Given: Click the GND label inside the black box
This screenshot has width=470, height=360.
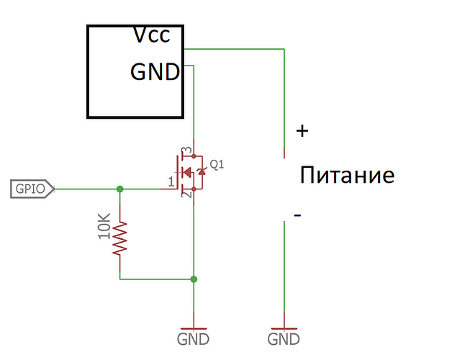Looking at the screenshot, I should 155,72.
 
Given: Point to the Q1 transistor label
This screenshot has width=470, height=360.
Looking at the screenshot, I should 217,164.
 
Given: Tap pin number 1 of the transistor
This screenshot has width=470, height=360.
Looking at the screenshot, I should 171,181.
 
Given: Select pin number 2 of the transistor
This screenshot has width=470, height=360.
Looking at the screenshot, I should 184,195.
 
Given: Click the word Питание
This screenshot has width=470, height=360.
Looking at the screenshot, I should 348,175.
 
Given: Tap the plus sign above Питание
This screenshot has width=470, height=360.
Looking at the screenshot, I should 302,131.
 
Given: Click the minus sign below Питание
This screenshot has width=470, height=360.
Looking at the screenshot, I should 297,215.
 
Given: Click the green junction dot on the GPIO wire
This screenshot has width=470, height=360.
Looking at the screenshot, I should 120,189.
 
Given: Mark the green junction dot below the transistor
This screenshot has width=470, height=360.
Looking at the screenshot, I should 193,279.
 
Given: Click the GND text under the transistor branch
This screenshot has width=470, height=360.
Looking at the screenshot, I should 193,338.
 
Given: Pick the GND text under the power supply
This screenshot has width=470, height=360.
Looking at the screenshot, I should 284,338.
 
